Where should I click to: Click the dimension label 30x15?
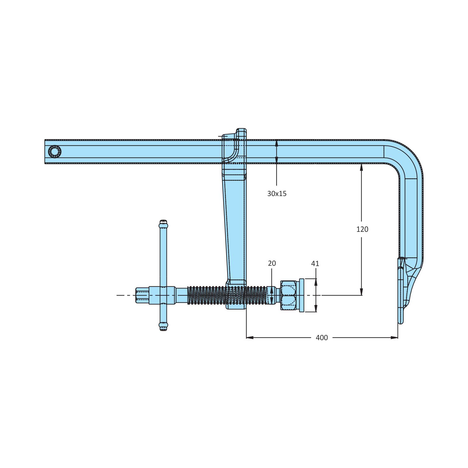point(277,194)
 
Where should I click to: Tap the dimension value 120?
point(362,229)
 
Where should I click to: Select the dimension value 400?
point(322,338)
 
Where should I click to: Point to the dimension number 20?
point(272,263)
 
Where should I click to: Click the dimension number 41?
point(315,264)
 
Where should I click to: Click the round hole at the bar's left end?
point(55,152)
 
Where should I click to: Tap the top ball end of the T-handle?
point(163,224)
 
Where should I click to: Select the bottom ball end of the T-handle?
point(163,326)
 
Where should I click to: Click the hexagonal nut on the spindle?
point(288,295)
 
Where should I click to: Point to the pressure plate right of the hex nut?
point(302,295)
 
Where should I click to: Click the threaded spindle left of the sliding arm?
point(206,295)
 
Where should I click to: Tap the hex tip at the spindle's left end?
point(142,295)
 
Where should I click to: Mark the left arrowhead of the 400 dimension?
point(249,337)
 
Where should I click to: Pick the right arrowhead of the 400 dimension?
point(395,337)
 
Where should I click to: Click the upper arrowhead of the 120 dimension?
point(361,167)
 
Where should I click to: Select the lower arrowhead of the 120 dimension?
point(361,292)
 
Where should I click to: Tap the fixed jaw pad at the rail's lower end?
point(400,291)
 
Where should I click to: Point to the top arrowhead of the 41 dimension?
point(316,282)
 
